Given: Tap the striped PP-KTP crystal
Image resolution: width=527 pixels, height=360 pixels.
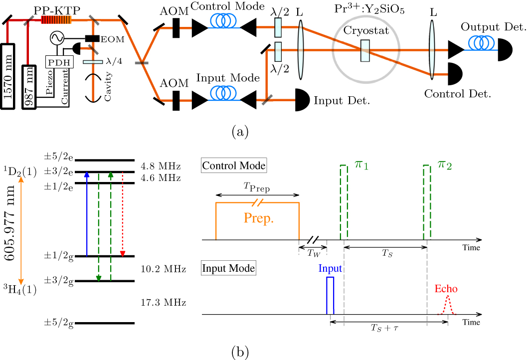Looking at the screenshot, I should tap(55, 20).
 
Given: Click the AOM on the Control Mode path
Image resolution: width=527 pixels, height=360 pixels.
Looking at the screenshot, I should tap(176, 28).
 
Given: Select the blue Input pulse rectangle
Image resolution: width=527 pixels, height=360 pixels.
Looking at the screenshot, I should tap(330, 295).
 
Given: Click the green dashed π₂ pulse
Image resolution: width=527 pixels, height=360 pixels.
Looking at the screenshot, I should tap(427, 202).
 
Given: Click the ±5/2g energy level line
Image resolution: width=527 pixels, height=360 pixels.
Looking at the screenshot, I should tap(104, 323).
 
